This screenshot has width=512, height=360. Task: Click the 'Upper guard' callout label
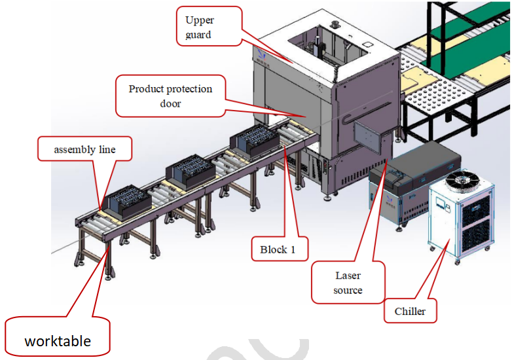coord(209,26)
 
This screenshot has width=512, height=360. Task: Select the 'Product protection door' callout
coord(170,96)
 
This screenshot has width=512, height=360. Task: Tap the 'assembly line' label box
coord(84,150)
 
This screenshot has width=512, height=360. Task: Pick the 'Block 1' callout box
coord(278,249)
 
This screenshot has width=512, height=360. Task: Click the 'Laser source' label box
coord(347,283)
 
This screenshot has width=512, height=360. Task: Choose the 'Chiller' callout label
coord(410,312)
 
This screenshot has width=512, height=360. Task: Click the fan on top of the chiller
coord(463,179)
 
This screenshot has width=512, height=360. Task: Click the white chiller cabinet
coord(458,219)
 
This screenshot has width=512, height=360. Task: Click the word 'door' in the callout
coord(170,103)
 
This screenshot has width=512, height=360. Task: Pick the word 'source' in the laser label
coord(348,290)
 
